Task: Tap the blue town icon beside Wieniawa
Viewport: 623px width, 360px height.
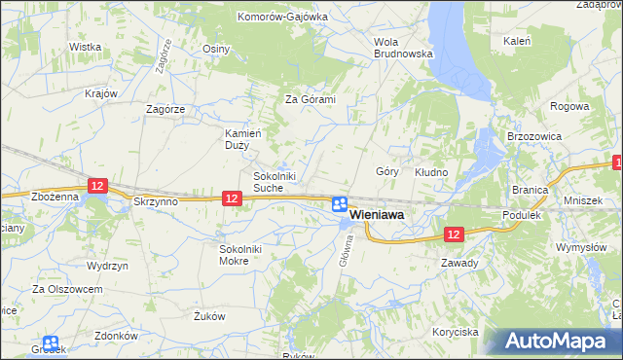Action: (x=339, y=204)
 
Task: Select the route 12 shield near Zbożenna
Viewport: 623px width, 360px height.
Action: (x=95, y=184)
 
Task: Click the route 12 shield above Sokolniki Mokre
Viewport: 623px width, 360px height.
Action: (x=231, y=198)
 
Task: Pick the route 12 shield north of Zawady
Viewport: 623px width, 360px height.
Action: (x=454, y=234)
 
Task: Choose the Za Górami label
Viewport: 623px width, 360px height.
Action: (x=310, y=99)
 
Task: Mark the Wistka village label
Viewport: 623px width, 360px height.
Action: (x=86, y=47)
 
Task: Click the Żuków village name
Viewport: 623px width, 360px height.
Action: (x=209, y=315)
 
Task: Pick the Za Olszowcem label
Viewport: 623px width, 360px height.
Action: (x=67, y=289)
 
